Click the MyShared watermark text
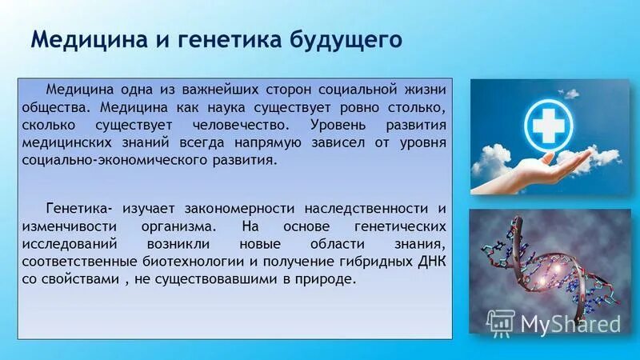click(x=570, y=322)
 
